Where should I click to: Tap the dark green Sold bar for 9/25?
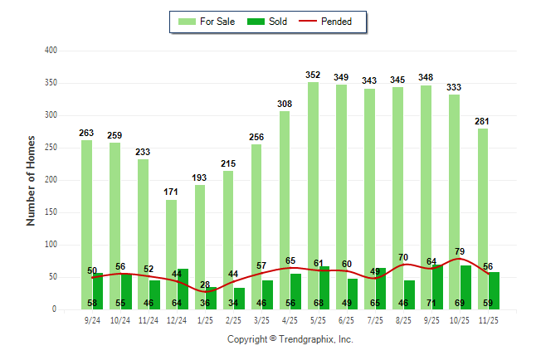437,282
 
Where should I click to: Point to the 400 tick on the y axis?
51,51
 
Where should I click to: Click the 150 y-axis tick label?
51,212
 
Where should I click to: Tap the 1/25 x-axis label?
205,319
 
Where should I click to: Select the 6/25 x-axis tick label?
347,319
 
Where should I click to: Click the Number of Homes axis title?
32,180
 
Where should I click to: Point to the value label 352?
313,75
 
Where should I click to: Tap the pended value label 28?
204,285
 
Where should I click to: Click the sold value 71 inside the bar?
431,304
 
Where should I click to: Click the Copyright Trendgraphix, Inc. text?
290,339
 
